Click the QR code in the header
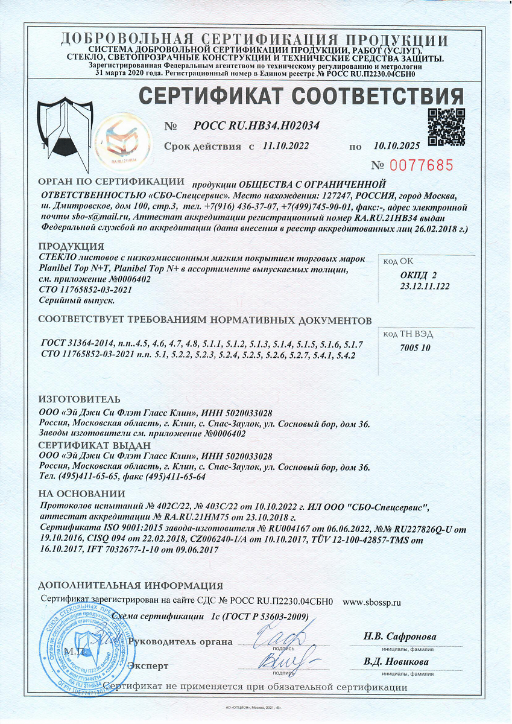[446, 127]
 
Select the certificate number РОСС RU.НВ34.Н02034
[256, 126]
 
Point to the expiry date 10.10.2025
[396, 146]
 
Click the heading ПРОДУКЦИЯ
[71, 247]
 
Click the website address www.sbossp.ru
[371, 602]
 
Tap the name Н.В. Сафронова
[400, 637]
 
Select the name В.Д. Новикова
[396, 662]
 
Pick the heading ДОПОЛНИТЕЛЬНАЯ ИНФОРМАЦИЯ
[130, 586]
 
